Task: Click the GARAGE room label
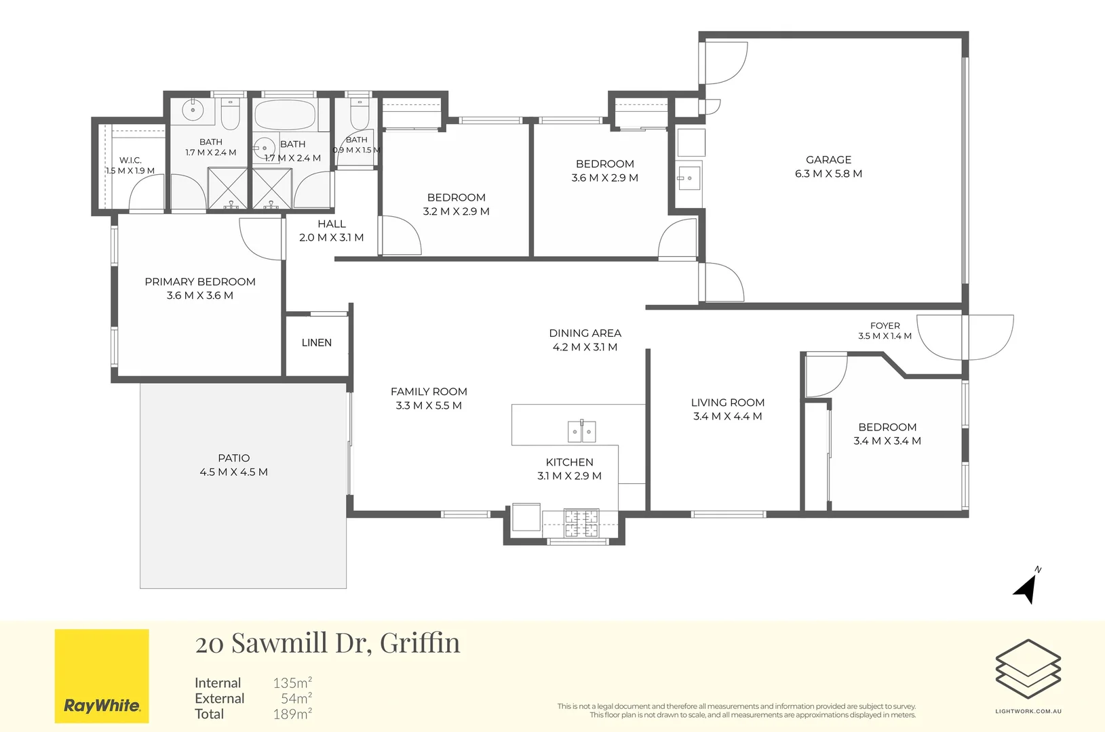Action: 828,160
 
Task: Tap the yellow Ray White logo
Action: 102,676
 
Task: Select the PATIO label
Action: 234,458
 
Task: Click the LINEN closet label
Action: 317,342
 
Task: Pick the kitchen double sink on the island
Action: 581,431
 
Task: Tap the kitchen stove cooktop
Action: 581,523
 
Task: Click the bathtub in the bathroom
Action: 285,115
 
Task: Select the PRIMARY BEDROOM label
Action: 200,281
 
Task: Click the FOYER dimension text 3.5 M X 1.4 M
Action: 885,336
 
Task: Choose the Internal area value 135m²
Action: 292,683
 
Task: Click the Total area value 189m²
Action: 292,714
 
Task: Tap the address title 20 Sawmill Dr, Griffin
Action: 328,643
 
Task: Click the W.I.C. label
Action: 130,160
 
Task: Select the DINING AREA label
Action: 585,333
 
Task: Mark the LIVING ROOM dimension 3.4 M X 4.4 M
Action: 728,416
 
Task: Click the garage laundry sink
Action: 689,178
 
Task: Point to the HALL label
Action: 332,224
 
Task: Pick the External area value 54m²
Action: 296,699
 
